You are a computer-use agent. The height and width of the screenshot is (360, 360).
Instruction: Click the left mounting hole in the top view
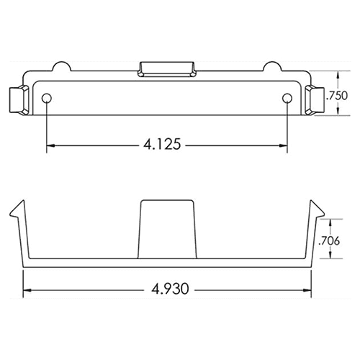pyautogui.click(x=47, y=98)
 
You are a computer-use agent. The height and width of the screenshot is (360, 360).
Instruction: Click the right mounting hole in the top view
pyautogui.click(x=287, y=98)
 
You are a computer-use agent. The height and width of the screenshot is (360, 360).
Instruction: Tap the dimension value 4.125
pyautogui.click(x=166, y=145)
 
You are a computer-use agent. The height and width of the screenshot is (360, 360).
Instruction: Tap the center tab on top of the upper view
pyautogui.click(x=166, y=68)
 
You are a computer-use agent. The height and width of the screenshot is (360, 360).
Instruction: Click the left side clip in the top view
pyautogui.click(x=19, y=101)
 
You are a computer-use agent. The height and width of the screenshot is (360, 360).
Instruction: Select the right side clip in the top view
pyautogui.click(x=315, y=101)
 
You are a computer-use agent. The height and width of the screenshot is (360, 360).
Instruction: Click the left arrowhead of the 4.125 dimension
pyautogui.click(x=50, y=145)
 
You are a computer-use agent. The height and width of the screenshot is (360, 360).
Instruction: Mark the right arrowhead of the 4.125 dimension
pyautogui.click(x=284, y=145)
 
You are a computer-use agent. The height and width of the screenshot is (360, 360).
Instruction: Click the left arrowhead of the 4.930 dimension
pyautogui.click(x=29, y=292)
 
